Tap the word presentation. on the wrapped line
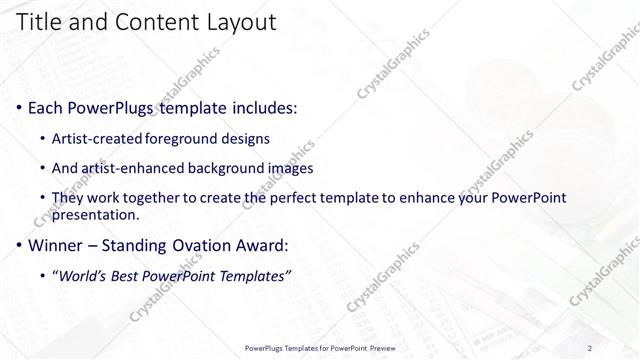(96, 214)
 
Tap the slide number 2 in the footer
(590, 348)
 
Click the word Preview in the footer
(381, 348)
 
